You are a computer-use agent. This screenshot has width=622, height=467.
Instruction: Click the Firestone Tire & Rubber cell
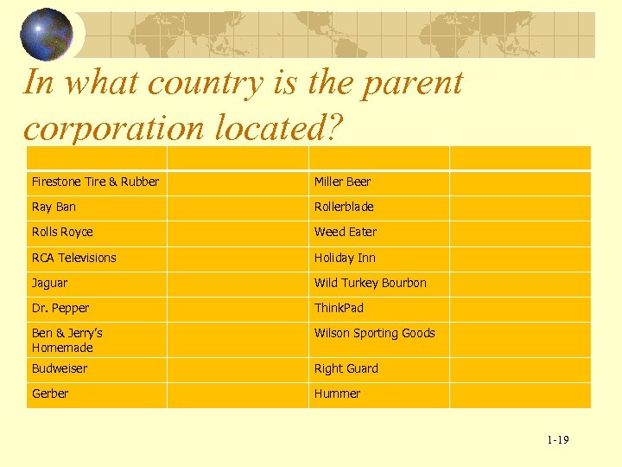95,182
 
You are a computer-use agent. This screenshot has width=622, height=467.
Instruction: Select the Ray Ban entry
54,207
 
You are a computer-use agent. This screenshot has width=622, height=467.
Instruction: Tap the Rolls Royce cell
62,232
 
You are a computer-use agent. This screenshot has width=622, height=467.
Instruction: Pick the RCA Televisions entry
73,258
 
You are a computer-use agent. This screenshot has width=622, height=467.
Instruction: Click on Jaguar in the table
49,283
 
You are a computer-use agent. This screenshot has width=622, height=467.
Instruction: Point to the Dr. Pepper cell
60,308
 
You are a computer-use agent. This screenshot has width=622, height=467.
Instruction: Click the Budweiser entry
60,368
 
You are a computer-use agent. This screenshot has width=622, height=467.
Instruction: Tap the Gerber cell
50,393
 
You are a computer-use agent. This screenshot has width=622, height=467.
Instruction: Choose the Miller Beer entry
342,182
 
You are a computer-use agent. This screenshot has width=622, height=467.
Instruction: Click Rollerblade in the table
344,207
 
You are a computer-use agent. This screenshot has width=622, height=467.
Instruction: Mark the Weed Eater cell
346,232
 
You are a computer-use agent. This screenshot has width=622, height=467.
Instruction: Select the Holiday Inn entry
345,258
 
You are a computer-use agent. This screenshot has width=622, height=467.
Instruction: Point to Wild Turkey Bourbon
370,283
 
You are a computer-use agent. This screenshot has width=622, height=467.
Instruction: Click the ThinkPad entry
339,308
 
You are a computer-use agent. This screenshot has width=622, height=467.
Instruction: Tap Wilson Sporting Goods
374,333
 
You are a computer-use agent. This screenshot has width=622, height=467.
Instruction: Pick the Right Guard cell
346,368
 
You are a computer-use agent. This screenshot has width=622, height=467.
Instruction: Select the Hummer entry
337,393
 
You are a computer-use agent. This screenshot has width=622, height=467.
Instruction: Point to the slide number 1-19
557,440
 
